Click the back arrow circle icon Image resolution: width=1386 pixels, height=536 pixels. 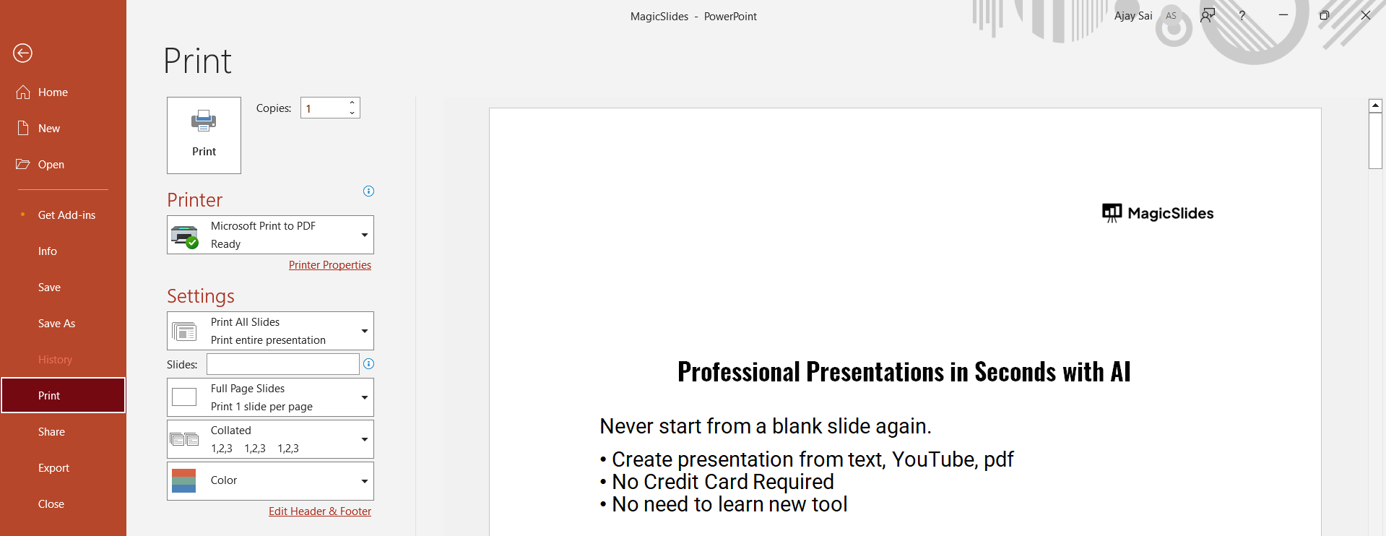point(23,53)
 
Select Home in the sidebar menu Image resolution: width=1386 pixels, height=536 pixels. point(53,92)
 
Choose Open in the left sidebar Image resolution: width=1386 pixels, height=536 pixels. point(51,165)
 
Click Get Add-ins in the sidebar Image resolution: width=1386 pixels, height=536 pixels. point(66,215)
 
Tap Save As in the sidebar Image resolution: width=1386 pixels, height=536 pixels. point(56,324)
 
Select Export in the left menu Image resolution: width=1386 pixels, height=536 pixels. point(53,468)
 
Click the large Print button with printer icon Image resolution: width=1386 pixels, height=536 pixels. point(204,135)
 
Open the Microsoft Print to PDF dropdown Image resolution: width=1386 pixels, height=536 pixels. point(270,235)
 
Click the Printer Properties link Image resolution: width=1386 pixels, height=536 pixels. point(330,265)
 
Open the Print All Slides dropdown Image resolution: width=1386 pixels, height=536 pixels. point(270,331)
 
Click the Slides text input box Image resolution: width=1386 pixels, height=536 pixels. point(283,364)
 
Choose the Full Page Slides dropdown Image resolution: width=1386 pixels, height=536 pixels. point(270,397)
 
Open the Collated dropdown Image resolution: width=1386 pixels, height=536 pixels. point(270,439)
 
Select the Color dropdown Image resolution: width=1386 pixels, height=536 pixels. point(270,481)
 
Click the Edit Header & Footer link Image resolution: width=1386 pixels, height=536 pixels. point(320,511)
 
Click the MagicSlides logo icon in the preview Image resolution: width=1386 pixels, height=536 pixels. point(1112,213)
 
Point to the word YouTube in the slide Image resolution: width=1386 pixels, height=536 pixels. point(935,459)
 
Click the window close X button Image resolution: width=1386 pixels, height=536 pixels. point(1365,15)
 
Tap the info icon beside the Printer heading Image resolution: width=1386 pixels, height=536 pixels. point(368,191)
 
